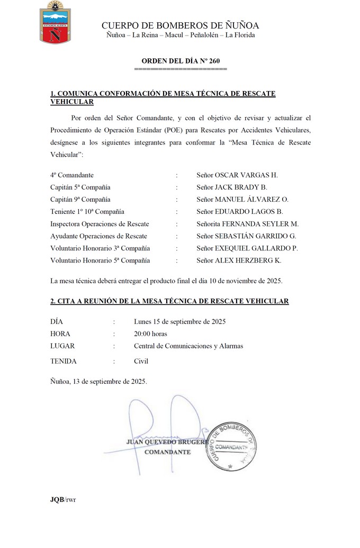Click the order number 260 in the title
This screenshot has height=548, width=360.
coord(214,62)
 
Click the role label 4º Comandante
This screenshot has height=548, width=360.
coord(72,175)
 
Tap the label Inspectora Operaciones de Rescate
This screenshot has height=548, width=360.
coord(100,224)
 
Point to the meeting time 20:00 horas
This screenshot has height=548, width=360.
coord(150,334)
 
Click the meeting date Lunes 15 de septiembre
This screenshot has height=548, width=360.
coord(180,322)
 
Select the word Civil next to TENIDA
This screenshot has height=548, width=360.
coord(141,362)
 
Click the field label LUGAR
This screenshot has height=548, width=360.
coord(62,346)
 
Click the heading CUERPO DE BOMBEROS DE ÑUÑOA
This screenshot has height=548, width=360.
coord(180,25)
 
